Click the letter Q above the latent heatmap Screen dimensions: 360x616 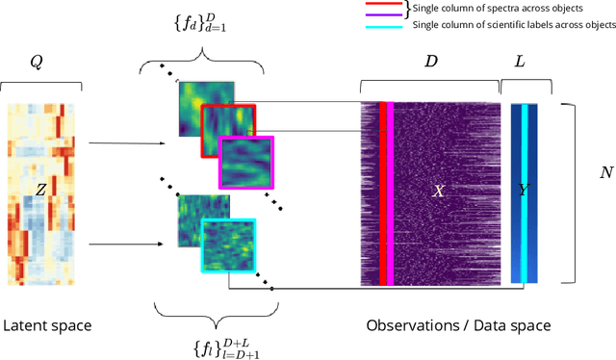[37, 63]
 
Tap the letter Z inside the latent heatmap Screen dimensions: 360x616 [40, 191]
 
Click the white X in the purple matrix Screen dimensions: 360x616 [438, 192]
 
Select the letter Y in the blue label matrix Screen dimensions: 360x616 [524, 192]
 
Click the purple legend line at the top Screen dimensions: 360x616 [379, 13]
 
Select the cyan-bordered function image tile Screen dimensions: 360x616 [227, 246]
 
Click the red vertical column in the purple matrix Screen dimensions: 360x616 [382, 193]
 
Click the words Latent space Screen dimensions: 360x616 [48, 325]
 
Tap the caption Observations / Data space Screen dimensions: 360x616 [458, 325]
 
